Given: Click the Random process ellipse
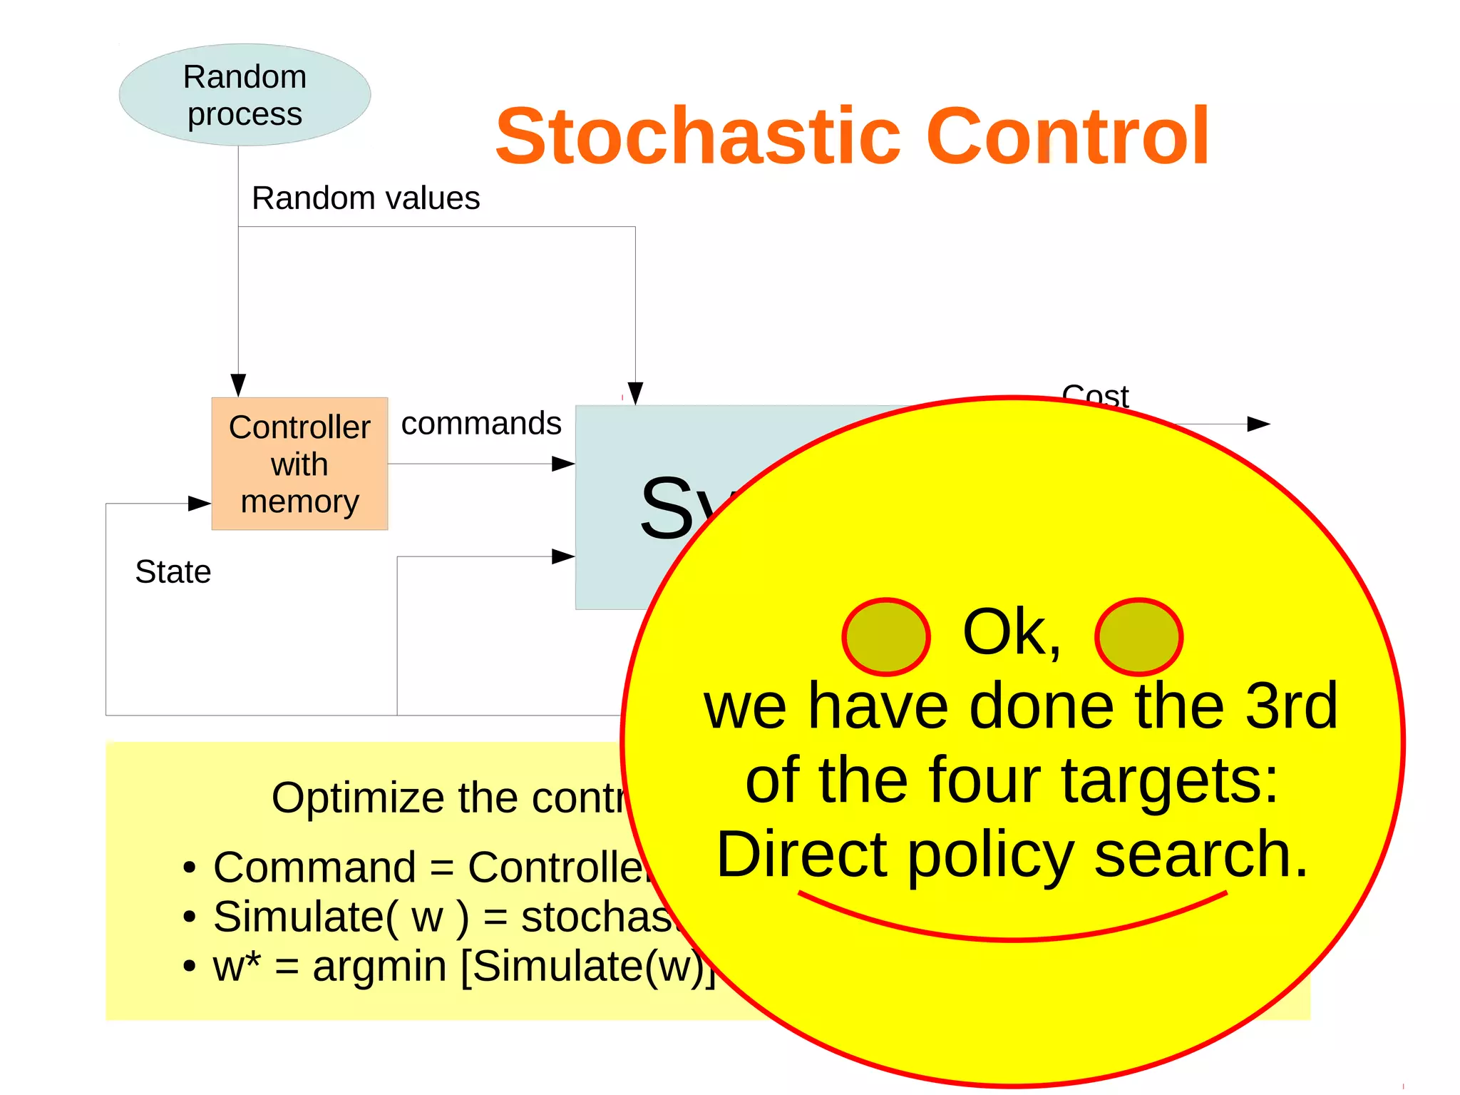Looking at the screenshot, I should tap(245, 95).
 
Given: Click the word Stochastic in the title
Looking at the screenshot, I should tap(698, 136).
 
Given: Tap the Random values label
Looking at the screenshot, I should tap(366, 198).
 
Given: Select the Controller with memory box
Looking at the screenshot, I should tap(299, 464).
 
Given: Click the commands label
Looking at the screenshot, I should tap(481, 423).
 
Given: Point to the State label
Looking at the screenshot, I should tap(173, 571).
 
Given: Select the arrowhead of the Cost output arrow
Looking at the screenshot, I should tap(1258, 424).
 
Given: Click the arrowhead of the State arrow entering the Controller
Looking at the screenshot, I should tap(199, 504).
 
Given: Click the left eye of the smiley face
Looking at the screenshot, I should tap(886, 636).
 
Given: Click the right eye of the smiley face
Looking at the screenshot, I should tap(1138, 636).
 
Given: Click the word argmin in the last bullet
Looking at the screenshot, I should tap(379, 967).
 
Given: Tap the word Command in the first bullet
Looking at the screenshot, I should tap(314, 867).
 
